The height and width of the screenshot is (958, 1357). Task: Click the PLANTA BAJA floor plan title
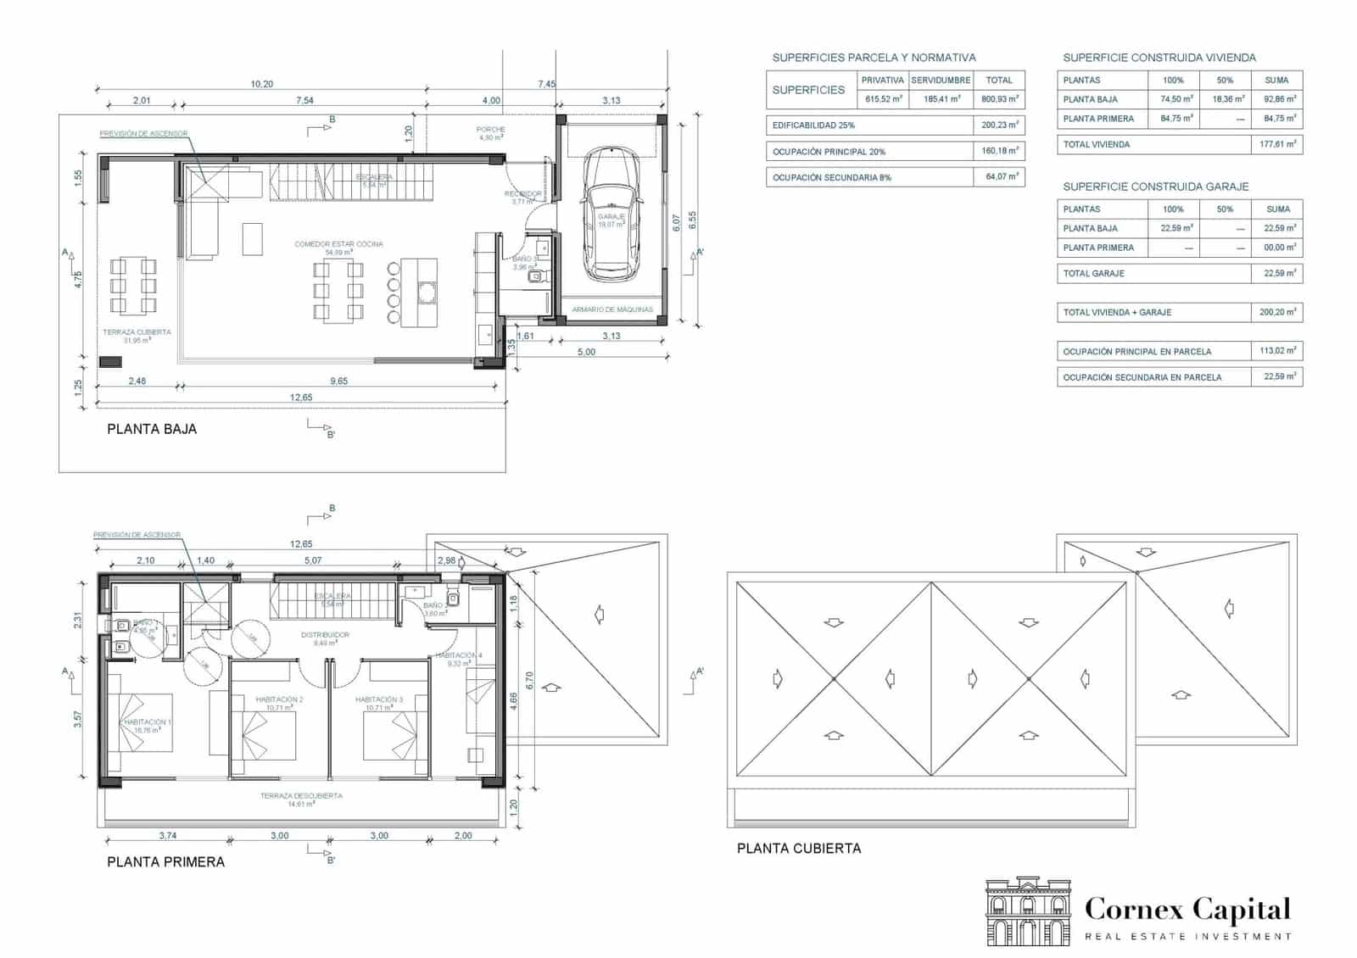(152, 429)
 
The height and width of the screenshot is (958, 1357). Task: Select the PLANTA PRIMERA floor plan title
(166, 861)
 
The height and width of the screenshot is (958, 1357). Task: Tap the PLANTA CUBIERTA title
(798, 848)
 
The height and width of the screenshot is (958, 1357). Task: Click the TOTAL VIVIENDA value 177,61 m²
(1276, 144)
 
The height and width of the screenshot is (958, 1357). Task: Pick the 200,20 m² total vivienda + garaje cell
(1276, 312)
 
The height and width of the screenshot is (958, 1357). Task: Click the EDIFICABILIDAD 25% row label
(813, 125)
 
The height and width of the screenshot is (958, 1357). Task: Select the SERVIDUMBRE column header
(941, 80)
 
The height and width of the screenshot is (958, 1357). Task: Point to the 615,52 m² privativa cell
(883, 99)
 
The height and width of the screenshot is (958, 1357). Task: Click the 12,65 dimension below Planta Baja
(300, 397)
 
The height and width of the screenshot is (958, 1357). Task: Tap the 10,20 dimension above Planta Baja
(261, 84)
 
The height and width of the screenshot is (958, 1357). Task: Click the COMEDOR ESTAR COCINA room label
(338, 244)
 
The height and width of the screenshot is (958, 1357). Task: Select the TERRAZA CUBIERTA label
(137, 332)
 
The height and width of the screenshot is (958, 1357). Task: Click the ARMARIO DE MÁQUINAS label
(612, 309)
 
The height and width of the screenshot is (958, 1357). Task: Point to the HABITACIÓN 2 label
(279, 699)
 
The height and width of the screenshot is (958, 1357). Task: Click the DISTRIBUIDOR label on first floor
(325, 634)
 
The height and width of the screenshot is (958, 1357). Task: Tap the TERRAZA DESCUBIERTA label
(301, 796)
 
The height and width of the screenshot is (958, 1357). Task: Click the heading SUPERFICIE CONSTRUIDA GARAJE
(1155, 187)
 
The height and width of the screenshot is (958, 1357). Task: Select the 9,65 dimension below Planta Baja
(338, 381)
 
